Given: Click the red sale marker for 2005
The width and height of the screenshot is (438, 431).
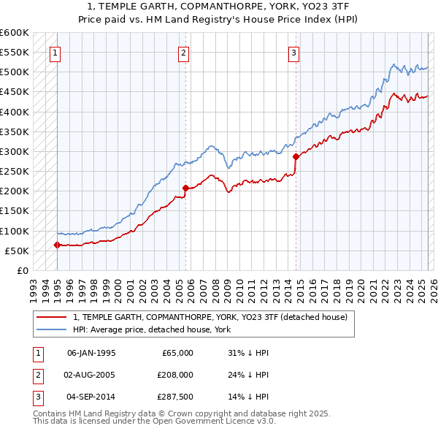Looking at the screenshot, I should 185,188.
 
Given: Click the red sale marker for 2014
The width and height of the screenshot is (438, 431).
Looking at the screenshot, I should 296,156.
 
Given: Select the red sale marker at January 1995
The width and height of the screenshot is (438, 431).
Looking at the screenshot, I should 57,245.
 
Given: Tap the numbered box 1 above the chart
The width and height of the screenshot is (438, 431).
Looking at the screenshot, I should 56,52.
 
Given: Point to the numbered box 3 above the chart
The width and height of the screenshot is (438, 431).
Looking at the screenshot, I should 293,52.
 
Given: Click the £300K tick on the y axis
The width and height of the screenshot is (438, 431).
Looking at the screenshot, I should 15,151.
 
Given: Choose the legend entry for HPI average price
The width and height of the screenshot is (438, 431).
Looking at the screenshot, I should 152,330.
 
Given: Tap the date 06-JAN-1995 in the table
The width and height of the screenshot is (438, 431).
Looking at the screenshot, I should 91,353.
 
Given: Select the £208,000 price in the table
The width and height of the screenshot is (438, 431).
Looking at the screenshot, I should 175,375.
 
